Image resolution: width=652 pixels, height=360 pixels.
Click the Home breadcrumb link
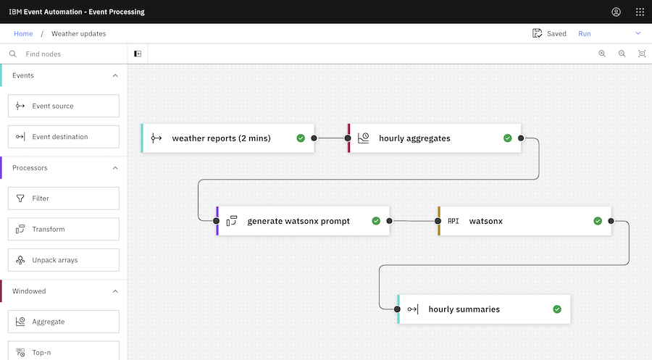pyautogui.click(x=23, y=33)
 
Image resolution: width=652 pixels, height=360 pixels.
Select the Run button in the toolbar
pyautogui.click(x=585, y=33)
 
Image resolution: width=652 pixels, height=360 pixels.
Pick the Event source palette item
pyautogui.click(x=63, y=106)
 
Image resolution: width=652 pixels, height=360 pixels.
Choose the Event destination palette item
pyautogui.click(x=63, y=136)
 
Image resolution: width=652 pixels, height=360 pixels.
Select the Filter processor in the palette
pyautogui.click(x=63, y=198)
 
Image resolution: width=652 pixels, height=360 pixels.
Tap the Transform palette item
pyautogui.click(x=63, y=229)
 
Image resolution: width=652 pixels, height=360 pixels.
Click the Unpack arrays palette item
pyautogui.click(x=63, y=260)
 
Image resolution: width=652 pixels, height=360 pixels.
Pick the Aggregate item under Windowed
pyautogui.click(x=63, y=322)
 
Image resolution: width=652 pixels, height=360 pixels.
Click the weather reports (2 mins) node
pyautogui.click(x=221, y=138)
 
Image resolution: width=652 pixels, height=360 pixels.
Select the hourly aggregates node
pyautogui.click(x=427, y=138)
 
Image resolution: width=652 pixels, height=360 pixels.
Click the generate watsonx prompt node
pyautogui.click(x=298, y=221)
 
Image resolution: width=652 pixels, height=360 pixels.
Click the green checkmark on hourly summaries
pyautogui.click(x=557, y=309)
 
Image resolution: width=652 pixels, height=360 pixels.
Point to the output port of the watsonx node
pyautogui.click(x=611, y=221)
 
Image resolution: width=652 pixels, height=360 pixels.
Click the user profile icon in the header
pyautogui.click(x=616, y=12)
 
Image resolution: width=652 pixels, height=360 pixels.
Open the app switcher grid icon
pyautogui.click(x=640, y=12)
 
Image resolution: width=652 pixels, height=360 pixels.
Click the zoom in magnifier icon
pyautogui.click(x=602, y=54)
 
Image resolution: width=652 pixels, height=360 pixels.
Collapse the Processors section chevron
pyautogui.click(x=114, y=168)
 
